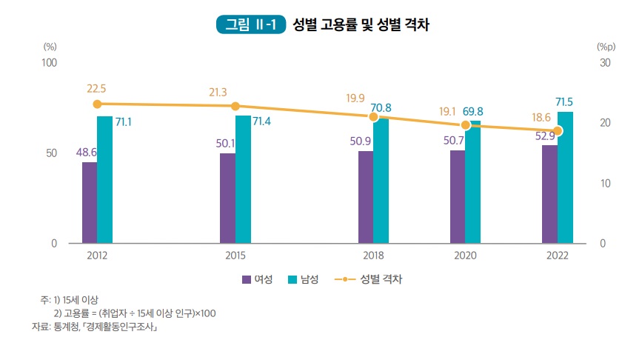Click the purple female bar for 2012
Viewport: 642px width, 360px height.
coord(90,202)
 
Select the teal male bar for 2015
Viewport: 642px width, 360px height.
coord(243,179)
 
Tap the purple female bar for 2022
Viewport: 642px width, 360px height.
coord(549,194)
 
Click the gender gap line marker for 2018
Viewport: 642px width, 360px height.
coord(374,117)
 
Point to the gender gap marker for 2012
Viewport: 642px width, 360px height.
coord(97,104)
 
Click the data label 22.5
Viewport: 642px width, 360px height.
coord(96,88)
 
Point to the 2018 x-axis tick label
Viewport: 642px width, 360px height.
coord(373,256)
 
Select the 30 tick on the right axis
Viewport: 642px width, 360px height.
coord(604,63)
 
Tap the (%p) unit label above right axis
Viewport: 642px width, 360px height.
coord(606,46)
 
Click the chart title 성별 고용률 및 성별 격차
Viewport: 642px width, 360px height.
coord(362,24)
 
